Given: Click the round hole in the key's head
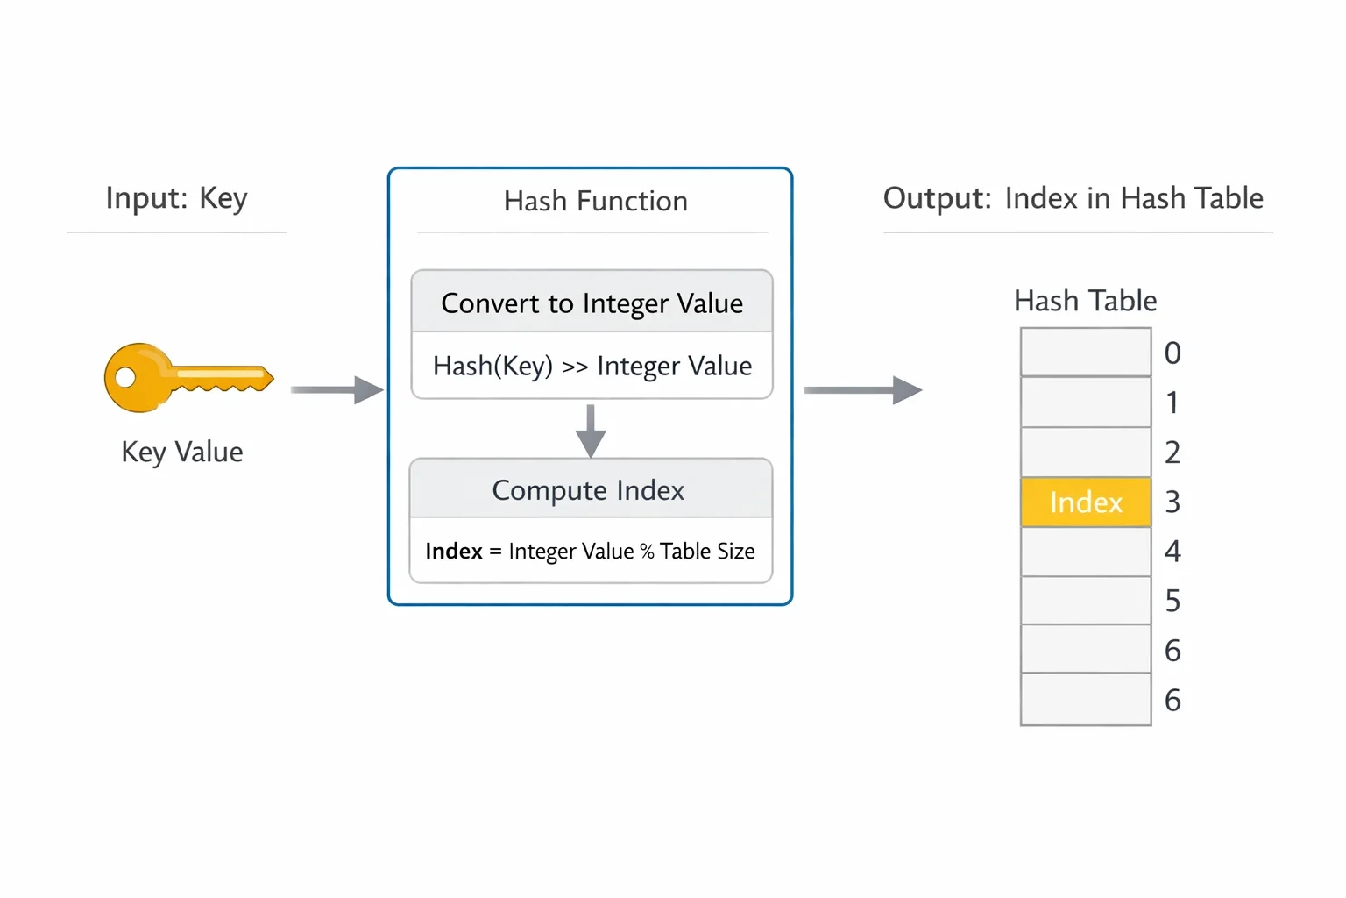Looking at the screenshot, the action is click(x=125, y=378).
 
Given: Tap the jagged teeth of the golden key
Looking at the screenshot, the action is click(x=219, y=386).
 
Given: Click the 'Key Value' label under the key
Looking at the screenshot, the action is click(x=182, y=452).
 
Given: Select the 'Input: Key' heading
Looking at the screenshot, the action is click(x=177, y=198).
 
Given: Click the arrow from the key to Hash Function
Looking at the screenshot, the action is click(x=337, y=389).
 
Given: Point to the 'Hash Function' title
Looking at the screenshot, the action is click(x=596, y=201).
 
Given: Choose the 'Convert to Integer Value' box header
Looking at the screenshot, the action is click(x=592, y=302).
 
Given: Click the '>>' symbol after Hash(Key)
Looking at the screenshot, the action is click(x=575, y=367).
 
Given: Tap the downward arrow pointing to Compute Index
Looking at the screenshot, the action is click(x=591, y=431).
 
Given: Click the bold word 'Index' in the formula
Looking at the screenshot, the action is click(x=454, y=551).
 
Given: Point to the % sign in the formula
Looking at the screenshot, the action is click(x=647, y=551).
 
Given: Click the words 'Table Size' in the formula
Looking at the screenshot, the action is click(x=707, y=551).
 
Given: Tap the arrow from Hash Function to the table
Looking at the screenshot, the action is click(x=863, y=389).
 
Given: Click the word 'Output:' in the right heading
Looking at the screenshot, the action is click(x=937, y=198).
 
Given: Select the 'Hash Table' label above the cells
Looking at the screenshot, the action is click(x=1085, y=301).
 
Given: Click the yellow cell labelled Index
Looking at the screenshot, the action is click(x=1086, y=502).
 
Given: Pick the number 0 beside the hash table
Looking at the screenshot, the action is click(x=1172, y=353).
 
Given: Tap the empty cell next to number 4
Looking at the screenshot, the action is click(x=1086, y=552).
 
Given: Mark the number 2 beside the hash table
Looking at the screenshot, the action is click(x=1172, y=453).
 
